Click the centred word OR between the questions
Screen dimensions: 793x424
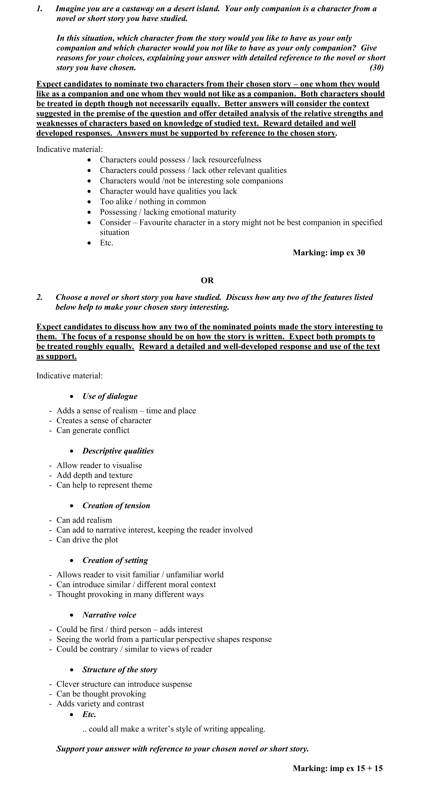pos(207,280)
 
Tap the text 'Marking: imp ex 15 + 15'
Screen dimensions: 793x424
pos(338,768)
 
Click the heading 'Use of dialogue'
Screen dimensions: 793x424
pos(110,396)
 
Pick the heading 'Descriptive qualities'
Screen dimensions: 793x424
pos(118,451)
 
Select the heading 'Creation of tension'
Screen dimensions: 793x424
pos(116,506)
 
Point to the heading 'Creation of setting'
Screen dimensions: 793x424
pos(115,560)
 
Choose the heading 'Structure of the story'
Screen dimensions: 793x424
pos(120,669)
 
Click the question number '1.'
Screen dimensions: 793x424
pos(39,9)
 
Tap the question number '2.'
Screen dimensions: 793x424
pos(39,297)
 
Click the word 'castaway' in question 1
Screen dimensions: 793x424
pos(136,9)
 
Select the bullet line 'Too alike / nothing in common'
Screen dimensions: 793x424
pos(153,202)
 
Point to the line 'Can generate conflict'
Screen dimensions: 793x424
pos(93,430)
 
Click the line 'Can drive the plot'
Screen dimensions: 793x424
pos(87,540)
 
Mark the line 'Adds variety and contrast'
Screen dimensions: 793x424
pos(100,703)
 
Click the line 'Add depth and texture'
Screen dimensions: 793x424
pos(95,475)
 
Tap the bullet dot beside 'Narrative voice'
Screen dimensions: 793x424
pos(72,615)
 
